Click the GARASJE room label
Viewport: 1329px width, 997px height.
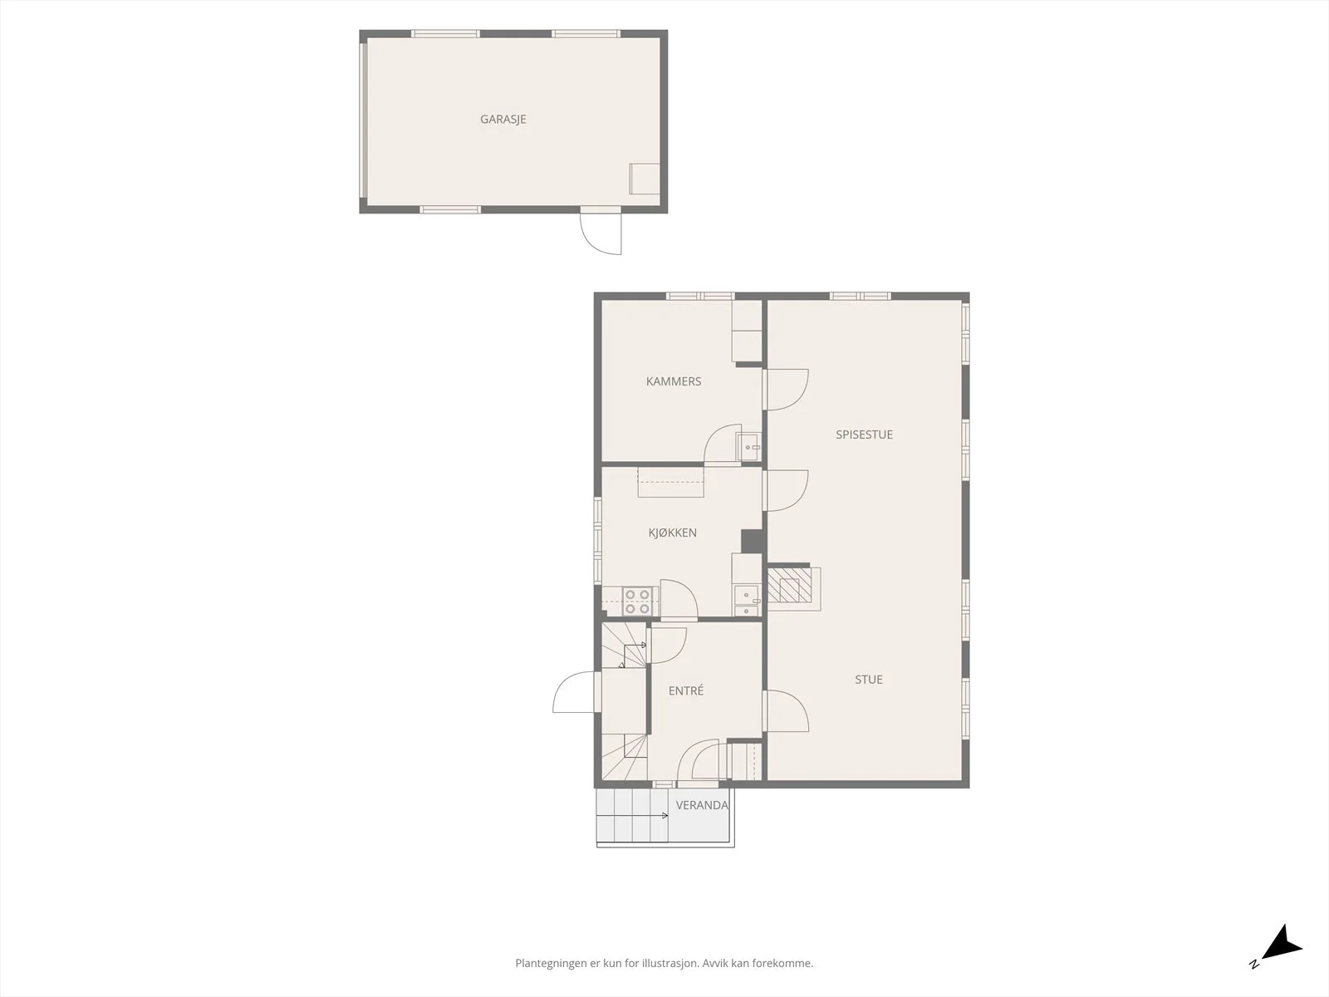tap(503, 120)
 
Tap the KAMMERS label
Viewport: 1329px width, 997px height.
tap(674, 381)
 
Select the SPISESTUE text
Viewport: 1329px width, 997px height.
tap(864, 435)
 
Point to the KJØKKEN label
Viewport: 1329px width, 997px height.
tap(672, 533)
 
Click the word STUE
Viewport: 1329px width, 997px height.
tap(868, 680)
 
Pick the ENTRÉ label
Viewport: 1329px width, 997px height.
tap(686, 690)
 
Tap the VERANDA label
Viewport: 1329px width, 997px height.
tap(702, 805)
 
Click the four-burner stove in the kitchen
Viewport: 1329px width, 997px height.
tap(637, 601)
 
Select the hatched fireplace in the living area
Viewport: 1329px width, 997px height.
tap(790, 586)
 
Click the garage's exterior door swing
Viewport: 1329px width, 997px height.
tap(601, 231)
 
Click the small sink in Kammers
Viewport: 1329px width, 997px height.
tap(748, 447)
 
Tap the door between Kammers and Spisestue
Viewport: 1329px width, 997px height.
tap(785, 390)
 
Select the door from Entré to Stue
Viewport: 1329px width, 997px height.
tap(785, 711)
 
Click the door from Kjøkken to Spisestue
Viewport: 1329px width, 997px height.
tap(785, 491)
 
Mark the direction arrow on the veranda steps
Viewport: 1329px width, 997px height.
tap(633, 815)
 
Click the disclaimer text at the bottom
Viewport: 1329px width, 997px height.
tap(664, 963)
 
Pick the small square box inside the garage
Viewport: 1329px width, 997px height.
tap(645, 179)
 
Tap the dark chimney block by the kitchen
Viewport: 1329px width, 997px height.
tap(753, 541)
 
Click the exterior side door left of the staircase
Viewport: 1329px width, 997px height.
tap(573, 692)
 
